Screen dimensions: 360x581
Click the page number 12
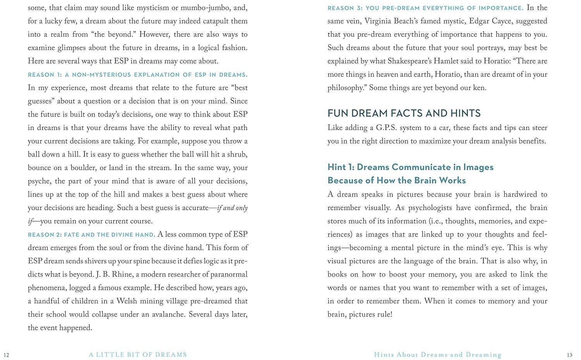pyautogui.click(x=6, y=355)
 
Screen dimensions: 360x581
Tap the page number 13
pyautogui.click(x=569, y=355)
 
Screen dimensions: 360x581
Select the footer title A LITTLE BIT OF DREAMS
pyautogui.click(x=138, y=355)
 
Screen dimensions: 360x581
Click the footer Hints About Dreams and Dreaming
pyautogui.click(x=438, y=355)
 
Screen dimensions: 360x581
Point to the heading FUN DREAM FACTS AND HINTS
pyautogui.click(x=404, y=113)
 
